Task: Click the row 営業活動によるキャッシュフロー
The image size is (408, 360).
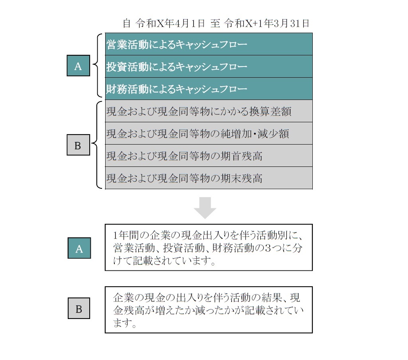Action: [209, 44]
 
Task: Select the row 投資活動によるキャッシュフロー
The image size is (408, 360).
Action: [209, 67]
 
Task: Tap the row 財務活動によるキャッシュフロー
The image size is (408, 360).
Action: [209, 89]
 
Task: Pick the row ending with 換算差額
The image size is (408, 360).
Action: [209, 111]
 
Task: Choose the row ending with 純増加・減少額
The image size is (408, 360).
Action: [209, 133]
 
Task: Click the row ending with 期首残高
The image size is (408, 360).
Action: [209, 156]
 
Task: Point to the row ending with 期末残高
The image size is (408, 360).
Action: [209, 178]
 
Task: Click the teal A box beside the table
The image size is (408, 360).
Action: [78, 66]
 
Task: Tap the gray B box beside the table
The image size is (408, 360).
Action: [78, 145]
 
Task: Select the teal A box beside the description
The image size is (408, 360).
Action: [79, 248]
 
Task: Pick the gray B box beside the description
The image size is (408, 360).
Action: [79, 308]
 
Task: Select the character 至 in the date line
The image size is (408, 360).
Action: [215, 23]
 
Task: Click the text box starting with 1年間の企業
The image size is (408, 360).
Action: [209, 247]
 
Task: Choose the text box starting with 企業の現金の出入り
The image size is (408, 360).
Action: [209, 310]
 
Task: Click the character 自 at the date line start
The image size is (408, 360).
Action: [127, 23]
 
